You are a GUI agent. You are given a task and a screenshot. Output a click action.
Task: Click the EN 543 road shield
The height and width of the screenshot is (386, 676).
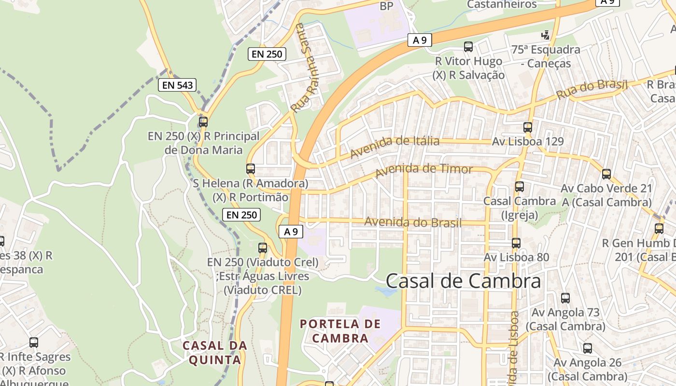[x=177, y=85]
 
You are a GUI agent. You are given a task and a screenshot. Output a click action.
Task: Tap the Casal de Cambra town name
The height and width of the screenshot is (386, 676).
[x=463, y=281]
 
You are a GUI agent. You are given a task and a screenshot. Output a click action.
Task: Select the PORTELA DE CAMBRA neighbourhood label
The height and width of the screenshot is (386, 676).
[x=340, y=331]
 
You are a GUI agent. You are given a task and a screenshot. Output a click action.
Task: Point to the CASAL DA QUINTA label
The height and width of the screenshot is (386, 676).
[x=215, y=353]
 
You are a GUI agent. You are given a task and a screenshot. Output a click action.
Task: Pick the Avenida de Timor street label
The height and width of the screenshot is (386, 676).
[x=424, y=170]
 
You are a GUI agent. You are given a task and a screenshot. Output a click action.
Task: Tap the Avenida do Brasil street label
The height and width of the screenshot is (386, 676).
[x=413, y=222]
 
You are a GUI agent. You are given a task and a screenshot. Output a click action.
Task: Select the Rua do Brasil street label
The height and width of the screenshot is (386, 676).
[x=591, y=89]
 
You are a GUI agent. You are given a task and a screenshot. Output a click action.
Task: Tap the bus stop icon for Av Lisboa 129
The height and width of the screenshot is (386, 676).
[x=528, y=127]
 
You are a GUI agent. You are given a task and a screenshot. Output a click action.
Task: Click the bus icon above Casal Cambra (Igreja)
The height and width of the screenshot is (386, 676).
[x=520, y=186]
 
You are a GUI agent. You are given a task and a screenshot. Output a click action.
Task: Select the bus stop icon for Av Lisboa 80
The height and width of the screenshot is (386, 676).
[x=516, y=243]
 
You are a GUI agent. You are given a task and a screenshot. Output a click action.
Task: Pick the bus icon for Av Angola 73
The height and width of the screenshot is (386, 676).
[x=565, y=298]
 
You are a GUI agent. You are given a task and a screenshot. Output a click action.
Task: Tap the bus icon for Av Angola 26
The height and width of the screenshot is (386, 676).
[x=588, y=348]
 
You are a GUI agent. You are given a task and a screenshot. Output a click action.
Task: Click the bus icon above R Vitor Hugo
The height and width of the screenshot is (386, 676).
[x=468, y=47]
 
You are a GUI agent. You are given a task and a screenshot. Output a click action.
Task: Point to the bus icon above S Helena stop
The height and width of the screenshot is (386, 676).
[x=251, y=169]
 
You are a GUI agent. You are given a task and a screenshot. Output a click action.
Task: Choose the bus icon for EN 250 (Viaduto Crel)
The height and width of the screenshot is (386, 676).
[x=263, y=248]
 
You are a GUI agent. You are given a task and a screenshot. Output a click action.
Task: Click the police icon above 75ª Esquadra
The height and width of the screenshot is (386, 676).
[x=546, y=35]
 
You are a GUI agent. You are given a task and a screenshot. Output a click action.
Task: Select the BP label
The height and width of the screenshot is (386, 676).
[x=387, y=6]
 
